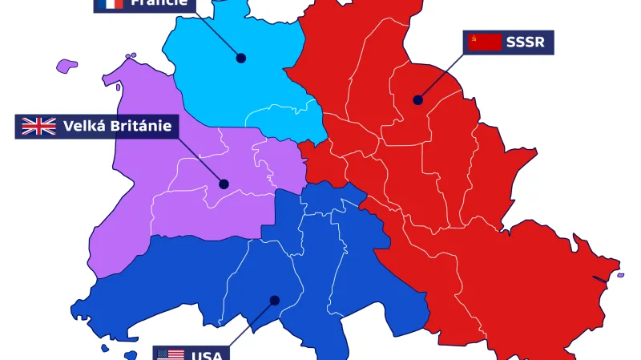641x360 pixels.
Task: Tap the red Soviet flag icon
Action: (485, 42)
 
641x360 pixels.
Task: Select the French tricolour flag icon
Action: (109, 2)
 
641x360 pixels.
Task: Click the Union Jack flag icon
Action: (38, 126)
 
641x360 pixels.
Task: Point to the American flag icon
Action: (171, 354)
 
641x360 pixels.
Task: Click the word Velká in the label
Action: (85, 126)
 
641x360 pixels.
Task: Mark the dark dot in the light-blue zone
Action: (240, 58)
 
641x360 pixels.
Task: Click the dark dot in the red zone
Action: (417, 100)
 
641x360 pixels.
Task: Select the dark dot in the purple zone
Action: (224, 184)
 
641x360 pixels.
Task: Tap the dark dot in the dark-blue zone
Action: (274, 300)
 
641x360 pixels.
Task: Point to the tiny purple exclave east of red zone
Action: (619, 275)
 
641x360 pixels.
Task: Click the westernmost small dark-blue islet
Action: (103, 348)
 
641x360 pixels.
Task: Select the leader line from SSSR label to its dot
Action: (441, 77)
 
